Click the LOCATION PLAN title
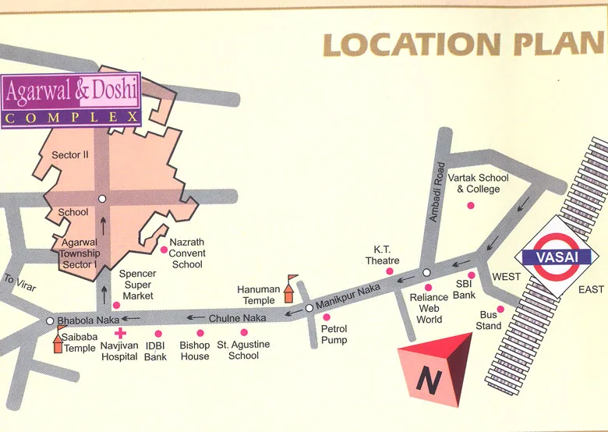click(465, 44)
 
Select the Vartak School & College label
click(478, 183)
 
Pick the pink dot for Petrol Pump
click(327, 317)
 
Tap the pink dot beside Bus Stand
click(500, 309)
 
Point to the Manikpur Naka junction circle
click(309, 308)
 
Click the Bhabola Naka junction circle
click(50, 320)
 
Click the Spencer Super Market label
click(137, 285)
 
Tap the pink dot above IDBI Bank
click(158, 334)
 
